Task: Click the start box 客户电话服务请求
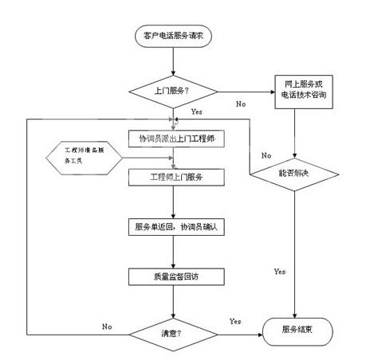tap(173, 36)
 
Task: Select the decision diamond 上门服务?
tap(173, 92)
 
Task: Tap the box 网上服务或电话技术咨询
tap(304, 92)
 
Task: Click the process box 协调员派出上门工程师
tap(176, 139)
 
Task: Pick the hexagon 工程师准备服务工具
tap(84, 158)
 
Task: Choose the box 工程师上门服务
tap(176, 177)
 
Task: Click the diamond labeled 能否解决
tap(294, 174)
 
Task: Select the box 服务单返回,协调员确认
tap(176, 227)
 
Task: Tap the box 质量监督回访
tap(176, 277)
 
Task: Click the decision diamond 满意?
tap(173, 335)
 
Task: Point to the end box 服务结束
tap(297, 331)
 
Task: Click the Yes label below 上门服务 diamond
tap(197, 112)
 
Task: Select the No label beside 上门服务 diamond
tap(241, 104)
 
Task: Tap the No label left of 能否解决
tap(266, 155)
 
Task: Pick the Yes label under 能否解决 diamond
tap(280, 272)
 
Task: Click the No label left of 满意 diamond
tap(107, 327)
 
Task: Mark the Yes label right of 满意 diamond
tap(235, 322)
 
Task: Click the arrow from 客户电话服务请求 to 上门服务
tap(173, 61)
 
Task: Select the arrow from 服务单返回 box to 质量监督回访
tap(173, 252)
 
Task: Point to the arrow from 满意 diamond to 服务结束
tap(240, 335)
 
